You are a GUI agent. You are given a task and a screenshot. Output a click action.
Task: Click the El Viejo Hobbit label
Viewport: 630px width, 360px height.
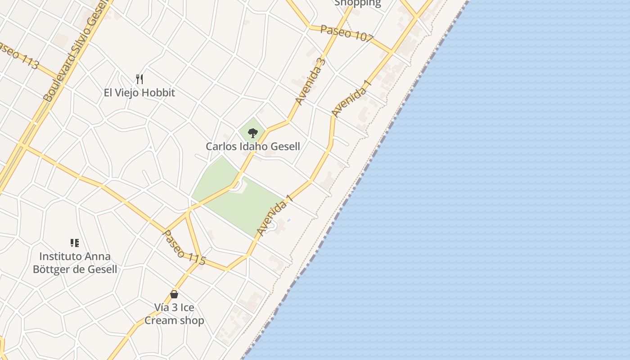point(139,93)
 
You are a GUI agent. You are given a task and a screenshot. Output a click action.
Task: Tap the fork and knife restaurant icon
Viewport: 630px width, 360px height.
point(139,80)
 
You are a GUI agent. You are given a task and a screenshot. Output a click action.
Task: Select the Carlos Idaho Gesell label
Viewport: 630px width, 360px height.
point(253,146)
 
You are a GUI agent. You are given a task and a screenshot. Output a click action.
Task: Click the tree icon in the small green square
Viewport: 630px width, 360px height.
point(253,133)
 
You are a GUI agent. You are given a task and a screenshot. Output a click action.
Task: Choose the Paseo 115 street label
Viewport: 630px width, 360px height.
point(184,247)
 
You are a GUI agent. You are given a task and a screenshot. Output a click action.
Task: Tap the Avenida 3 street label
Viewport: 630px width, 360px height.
point(310,81)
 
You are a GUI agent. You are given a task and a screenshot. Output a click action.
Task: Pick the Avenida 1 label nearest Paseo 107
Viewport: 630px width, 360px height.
point(351,99)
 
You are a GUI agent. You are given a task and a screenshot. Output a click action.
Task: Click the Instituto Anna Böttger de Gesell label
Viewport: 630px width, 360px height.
point(75,263)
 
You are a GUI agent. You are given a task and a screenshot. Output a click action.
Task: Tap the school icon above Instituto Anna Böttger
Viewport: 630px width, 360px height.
point(75,243)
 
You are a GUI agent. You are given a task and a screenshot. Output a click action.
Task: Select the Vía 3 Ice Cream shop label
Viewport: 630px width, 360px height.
point(174,314)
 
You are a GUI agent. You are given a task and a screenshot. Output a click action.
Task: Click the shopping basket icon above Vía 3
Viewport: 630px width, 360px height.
point(174,295)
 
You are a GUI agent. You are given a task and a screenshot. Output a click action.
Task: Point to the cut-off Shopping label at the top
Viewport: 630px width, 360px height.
point(357,3)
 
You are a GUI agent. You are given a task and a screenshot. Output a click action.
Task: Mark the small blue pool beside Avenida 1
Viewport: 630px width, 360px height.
point(288,220)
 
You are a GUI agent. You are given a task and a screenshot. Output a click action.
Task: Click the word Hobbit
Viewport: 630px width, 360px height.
point(157,93)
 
